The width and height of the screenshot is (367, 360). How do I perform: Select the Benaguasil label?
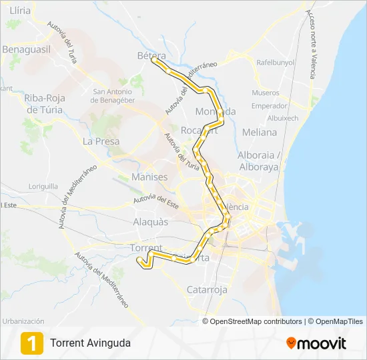pyautogui.click(x=27, y=49)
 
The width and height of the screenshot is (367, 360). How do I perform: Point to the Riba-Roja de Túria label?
pyautogui.click(x=43, y=103)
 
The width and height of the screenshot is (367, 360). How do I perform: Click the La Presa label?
pyautogui.click(x=101, y=141)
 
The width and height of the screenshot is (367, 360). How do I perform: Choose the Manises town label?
pyautogui.click(x=149, y=177)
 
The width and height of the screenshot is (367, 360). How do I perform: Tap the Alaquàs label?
pyautogui.click(x=151, y=222)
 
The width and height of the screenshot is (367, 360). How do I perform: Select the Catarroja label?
pyautogui.click(x=207, y=290)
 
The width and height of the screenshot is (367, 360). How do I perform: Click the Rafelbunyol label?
pyautogui.click(x=276, y=63)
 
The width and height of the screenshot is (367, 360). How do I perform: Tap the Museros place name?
pyautogui.click(x=266, y=93)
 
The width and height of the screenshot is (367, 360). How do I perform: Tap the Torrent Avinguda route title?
pyautogui.click(x=90, y=343)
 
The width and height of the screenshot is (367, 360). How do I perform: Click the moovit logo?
pyautogui.click(x=316, y=343)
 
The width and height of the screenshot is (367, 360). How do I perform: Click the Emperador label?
pyautogui.click(x=270, y=105)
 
